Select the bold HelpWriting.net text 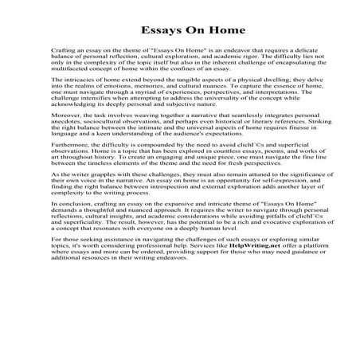pyautogui.click(x=249, y=313)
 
